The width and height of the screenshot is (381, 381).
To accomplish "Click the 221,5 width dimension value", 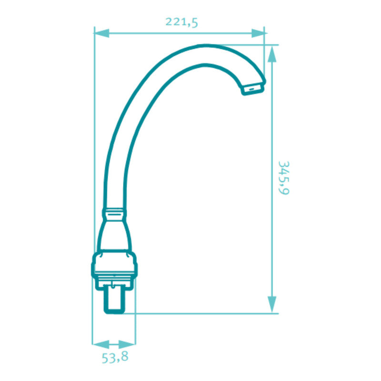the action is pos(182,22).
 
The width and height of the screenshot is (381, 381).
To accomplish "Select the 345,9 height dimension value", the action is pos(284,178).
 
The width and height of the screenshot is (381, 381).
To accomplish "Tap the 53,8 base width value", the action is pos(115,358).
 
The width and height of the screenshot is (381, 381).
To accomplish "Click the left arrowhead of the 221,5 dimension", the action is pos(102,33).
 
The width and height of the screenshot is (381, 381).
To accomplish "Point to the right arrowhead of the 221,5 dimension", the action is pos(258,33).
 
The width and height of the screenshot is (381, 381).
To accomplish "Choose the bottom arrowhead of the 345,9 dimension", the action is pos(272,304).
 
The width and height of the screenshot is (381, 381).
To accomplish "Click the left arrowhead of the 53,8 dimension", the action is pos(101,344).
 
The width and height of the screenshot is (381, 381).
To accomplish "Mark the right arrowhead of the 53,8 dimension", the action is pos(127,344).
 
